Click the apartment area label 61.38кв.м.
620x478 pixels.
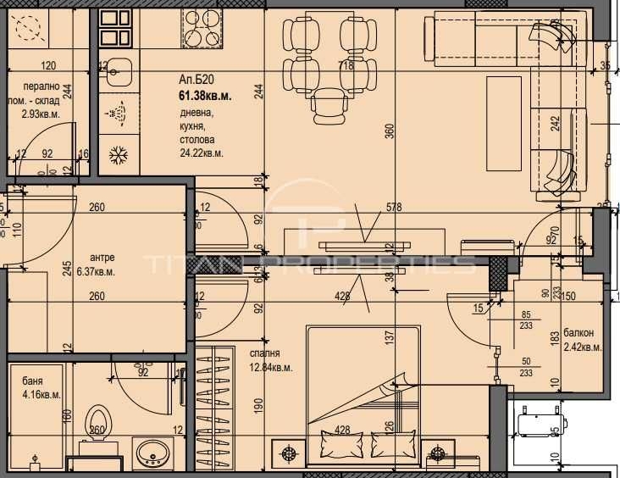204,95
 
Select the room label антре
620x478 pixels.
102,258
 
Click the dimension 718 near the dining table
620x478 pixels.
346,65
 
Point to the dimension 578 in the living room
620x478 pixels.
393,207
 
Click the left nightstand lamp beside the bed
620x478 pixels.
289,453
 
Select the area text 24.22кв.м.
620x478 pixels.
202,153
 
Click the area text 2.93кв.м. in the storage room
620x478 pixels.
41,113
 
